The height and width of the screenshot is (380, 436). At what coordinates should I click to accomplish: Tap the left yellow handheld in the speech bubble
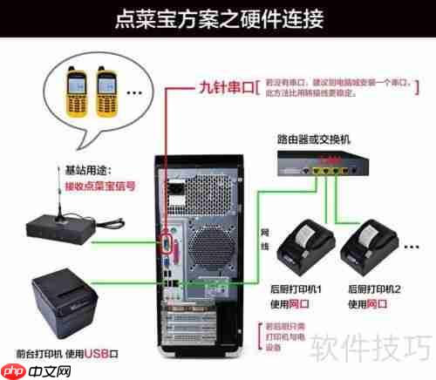tap(76, 90)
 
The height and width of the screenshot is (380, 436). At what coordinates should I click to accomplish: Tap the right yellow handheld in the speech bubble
tap(107, 90)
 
